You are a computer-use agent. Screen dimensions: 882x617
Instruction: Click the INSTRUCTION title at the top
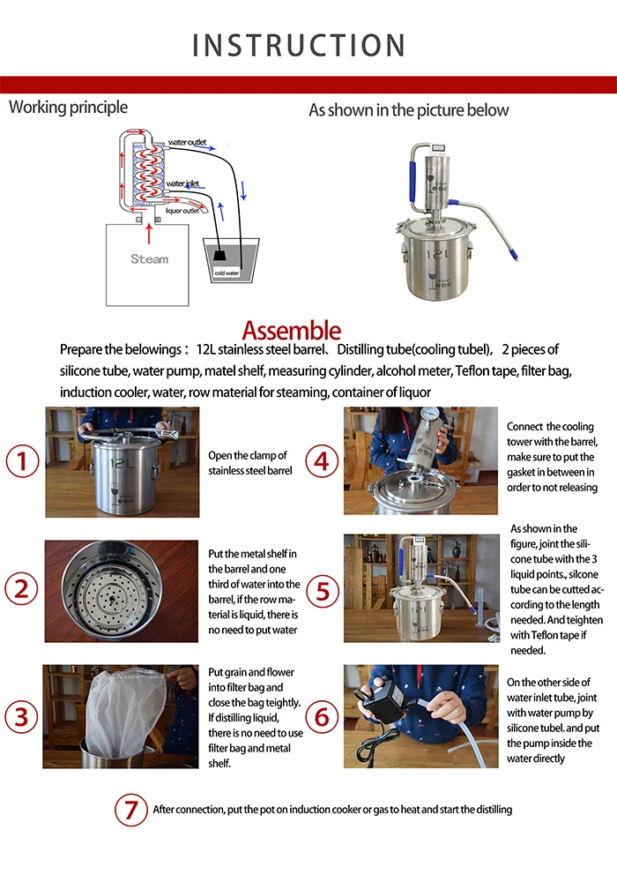[x=299, y=45]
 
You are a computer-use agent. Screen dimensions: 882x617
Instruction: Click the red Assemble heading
[x=291, y=332]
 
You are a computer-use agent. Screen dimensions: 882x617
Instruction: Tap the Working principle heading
[x=68, y=108]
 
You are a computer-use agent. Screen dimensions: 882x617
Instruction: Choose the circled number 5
[x=322, y=590]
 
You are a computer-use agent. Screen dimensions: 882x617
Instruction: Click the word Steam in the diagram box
[x=149, y=259]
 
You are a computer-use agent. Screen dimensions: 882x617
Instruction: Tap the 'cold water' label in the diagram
[x=227, y=273]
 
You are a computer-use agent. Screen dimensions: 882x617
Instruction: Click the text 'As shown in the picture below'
[x=408, y=110]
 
